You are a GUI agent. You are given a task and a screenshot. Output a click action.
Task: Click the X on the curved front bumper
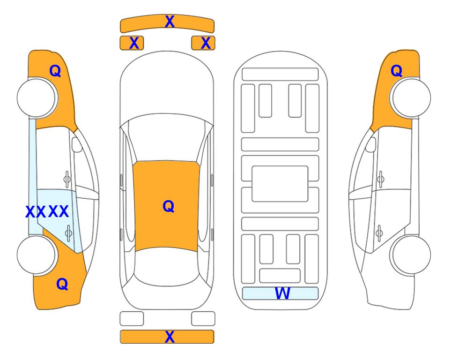(x=170, y=22)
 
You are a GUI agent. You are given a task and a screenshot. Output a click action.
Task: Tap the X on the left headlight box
(x=134, y=43)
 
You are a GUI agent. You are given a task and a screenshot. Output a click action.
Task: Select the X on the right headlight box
(x=206, y=43)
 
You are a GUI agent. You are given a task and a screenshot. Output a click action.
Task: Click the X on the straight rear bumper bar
(x=170, y=337)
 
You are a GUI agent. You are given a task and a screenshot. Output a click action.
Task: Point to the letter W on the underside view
(x=282, y=293)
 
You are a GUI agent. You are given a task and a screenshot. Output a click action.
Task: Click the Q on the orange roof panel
(x=169, y=206)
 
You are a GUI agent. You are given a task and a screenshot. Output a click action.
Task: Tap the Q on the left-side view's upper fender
(x=55, y=71)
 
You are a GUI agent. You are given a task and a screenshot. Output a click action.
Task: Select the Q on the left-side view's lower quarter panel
(x=62, y=284)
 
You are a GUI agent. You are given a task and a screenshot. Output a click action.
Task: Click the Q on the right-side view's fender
(x=396, y=71)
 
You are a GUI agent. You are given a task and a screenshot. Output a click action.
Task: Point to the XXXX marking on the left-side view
(x=47, y=211)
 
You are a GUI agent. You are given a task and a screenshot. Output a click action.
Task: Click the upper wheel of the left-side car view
(x=37, y=97)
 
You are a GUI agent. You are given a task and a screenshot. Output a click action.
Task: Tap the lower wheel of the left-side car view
(x=37, y=255)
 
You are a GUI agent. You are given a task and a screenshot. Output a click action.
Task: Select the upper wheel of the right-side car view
(x=410, y=97)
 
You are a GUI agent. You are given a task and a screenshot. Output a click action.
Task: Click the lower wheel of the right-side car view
(x=410, y=255)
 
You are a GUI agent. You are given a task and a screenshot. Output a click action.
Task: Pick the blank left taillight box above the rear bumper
(x=132, y=319)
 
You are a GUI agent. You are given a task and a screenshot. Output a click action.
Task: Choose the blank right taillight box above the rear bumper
(x=203, y=319)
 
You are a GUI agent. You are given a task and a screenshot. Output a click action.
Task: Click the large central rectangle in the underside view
(x=280, y=184)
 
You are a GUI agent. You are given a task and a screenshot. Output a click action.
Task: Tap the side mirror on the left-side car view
(x=77, y=144)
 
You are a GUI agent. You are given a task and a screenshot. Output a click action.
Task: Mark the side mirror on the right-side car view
(x=370, y=144)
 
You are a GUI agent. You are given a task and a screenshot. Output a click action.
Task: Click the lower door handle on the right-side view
(x=379, y=233)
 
